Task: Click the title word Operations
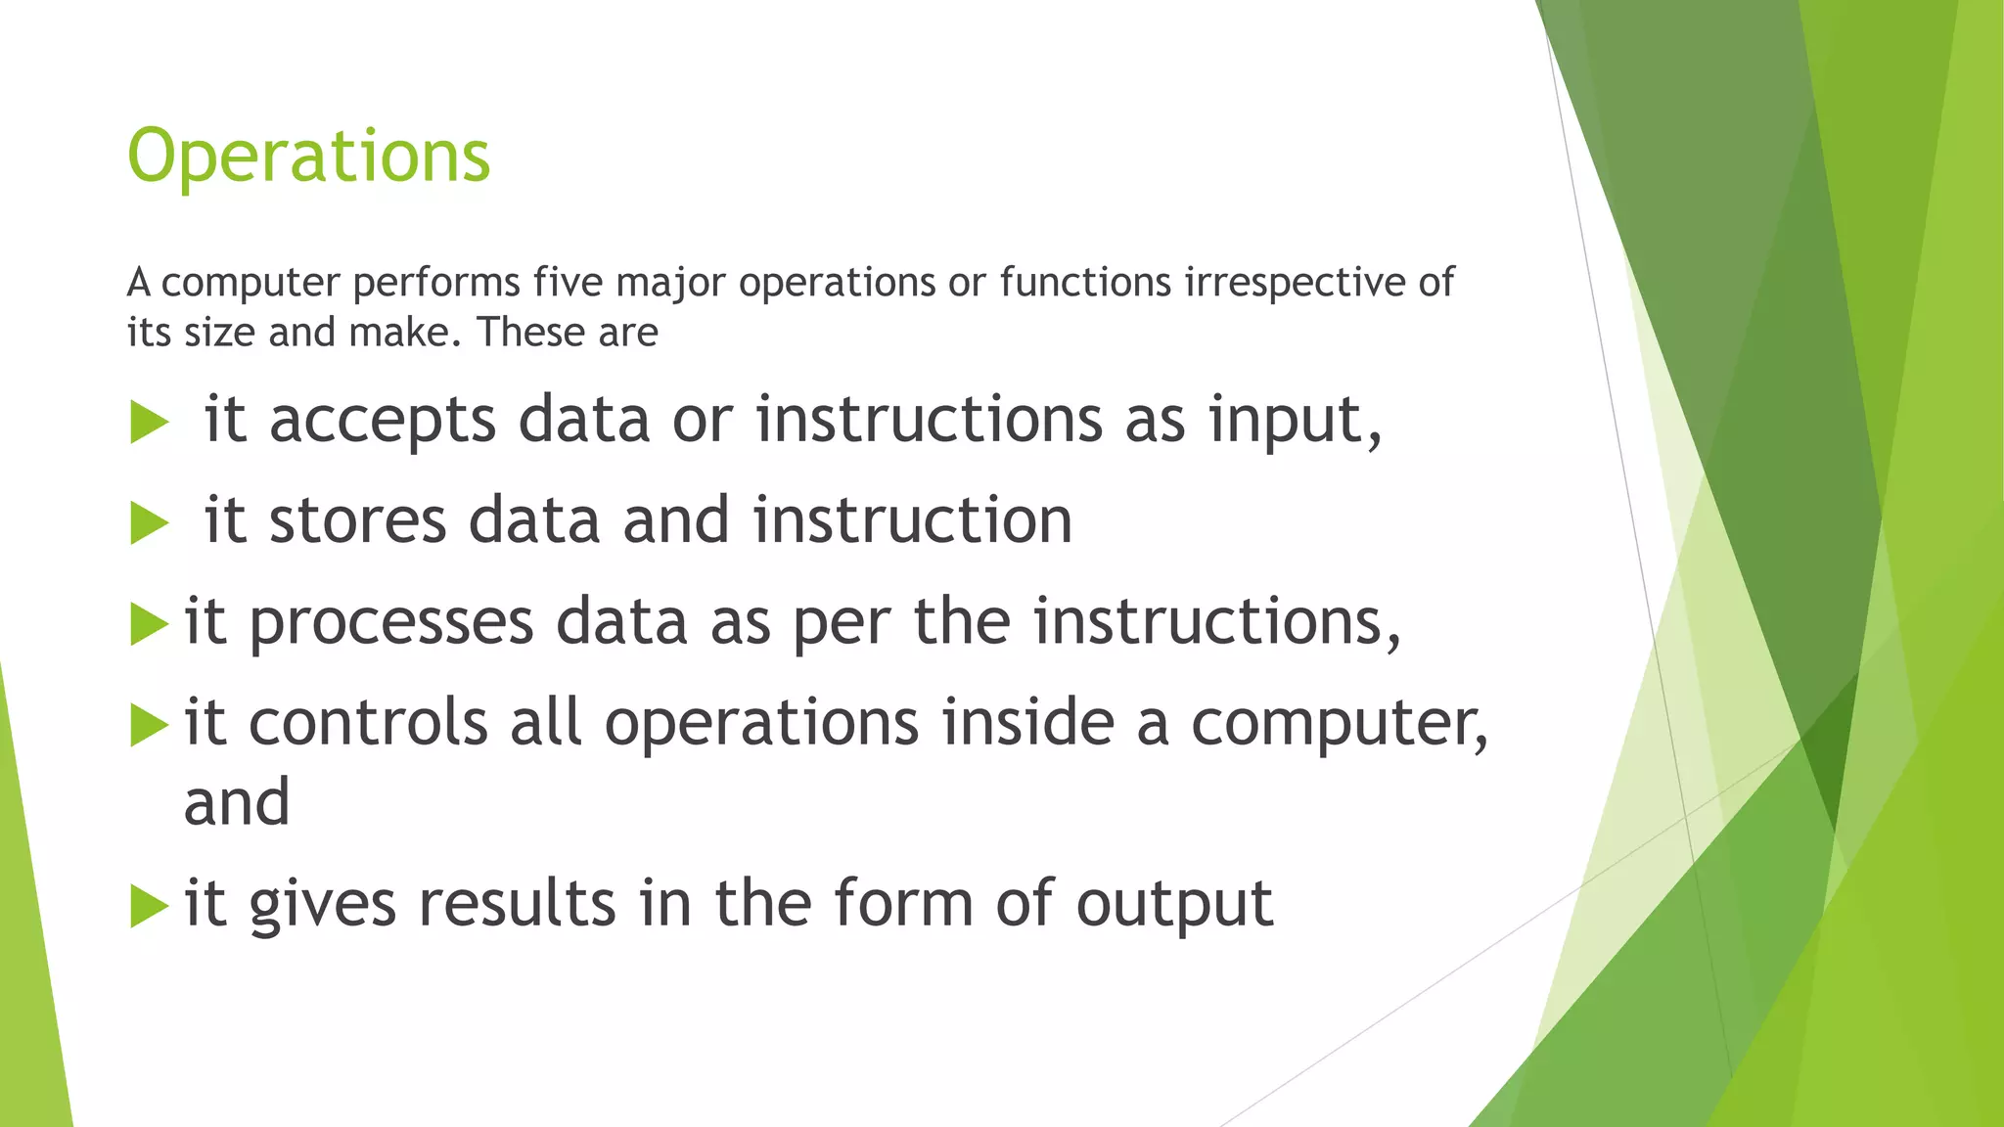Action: pos(308,157)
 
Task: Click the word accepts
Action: pos(382,421)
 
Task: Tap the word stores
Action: pos(357,520)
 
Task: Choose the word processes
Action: pos(390,622)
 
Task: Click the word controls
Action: pos(368,723)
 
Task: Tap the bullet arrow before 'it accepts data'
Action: pos(149,424)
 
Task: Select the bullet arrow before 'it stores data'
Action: pos(149,523)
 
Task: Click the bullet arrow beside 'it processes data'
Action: pos(149,624)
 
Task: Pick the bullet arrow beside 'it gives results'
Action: pos(149,906)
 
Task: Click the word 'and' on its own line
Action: pos(237,802)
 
